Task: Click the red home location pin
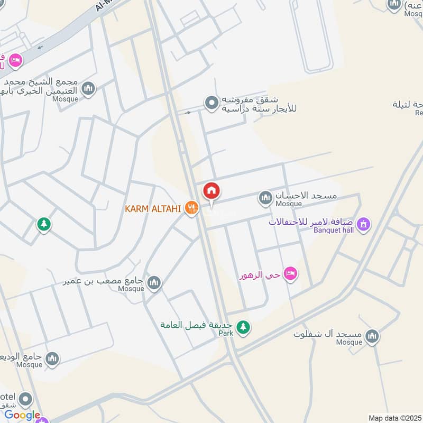(212, 191)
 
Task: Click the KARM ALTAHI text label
(153, 208)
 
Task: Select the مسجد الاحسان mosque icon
(265, 198)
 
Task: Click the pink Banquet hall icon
(363, 224)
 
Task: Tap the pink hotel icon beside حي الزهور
(290, 274)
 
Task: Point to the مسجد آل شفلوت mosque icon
(372, 336)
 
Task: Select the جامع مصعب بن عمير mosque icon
(154, 283)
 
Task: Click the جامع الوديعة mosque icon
(52, 360)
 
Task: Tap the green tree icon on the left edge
(44, 225)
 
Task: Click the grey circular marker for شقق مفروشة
(212, 103)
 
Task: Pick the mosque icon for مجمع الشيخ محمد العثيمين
(88, 88)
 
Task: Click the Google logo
(22, 416)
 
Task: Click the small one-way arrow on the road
(187, 112)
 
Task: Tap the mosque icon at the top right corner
(394, 5)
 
